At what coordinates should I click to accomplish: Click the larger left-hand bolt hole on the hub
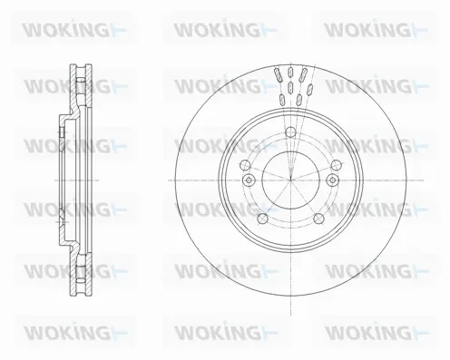tap(247, 164)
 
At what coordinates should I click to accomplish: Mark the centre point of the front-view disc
tap(289, 179)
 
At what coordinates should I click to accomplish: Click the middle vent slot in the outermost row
tap(289, 76)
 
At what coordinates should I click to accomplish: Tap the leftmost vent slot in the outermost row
tap(274, 77)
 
